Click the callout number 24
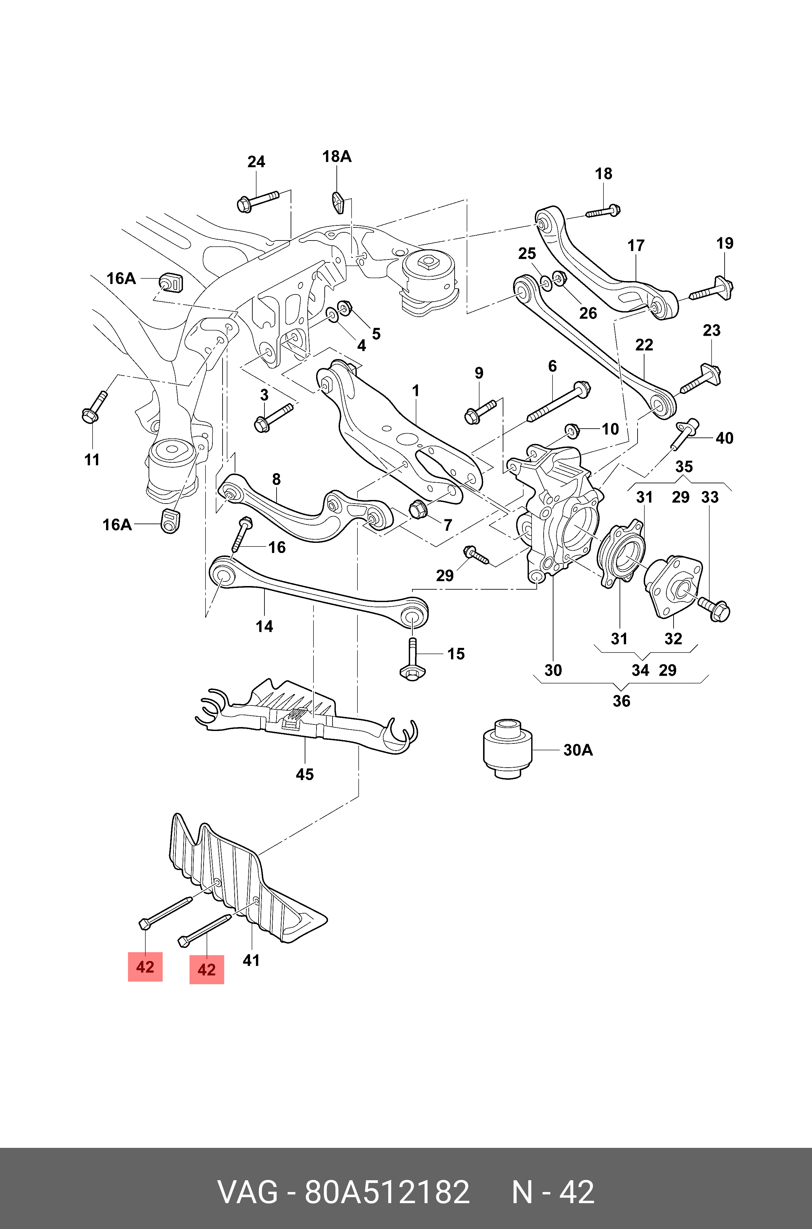[256, 162]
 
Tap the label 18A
[336, 156]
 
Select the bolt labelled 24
[257, 200]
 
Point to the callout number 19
[725, 243]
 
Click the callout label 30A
[578, 750]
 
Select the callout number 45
[304, 775]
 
